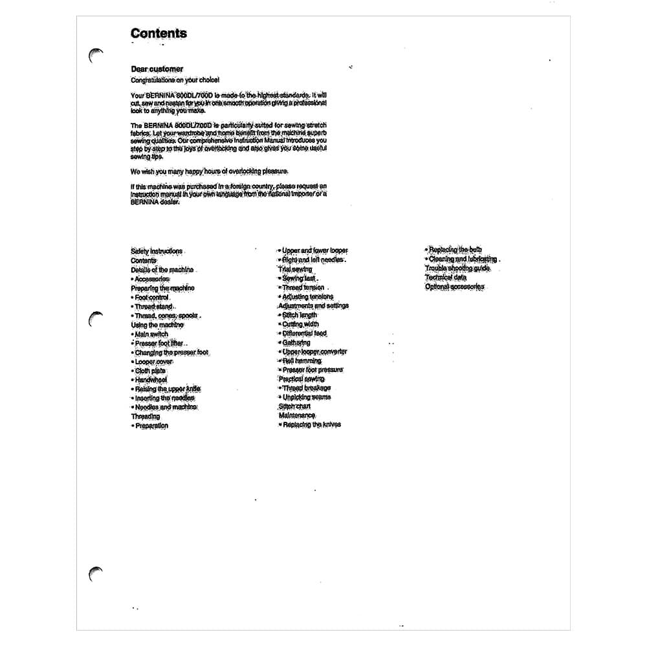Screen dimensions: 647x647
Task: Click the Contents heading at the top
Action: point(159,34)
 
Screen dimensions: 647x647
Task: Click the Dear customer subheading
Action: point(157,69)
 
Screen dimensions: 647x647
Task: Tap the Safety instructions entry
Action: point(157,251)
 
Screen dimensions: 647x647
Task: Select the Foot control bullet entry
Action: point(151,297)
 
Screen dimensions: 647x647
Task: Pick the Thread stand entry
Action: point(153,306)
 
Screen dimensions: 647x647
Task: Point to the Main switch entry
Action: point(151,334)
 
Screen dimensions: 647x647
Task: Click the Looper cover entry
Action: point(153,362)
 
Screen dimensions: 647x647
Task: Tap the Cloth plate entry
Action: point(150,371)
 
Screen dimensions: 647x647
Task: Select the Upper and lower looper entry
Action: point(314,250)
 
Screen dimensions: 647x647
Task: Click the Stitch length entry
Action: point(300,315)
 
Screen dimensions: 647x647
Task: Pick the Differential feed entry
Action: point(304,333)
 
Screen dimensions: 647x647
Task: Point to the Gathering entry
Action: point(296,343)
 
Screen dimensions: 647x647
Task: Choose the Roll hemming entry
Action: point(302,360)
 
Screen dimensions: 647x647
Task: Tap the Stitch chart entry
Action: point(294,406)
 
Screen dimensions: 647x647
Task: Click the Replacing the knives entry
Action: point(311,424)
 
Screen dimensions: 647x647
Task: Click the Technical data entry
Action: point(445,277)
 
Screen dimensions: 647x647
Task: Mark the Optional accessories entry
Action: point(454,287)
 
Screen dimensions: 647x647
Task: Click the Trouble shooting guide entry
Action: point(457,268)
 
